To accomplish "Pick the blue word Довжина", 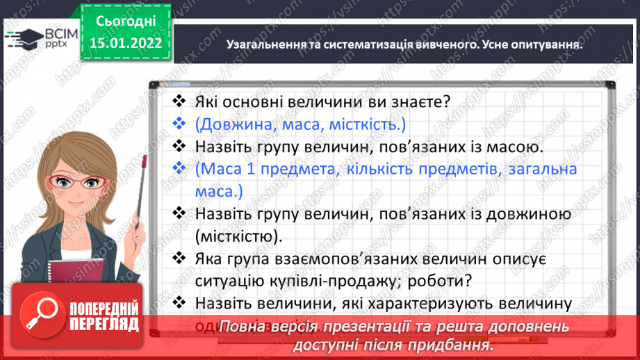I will [x=233, y=124].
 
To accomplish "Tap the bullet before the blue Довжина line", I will [x=179, y=124].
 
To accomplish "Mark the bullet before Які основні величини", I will [x=179, y=101].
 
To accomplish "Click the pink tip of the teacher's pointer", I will [x=144, y=162].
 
